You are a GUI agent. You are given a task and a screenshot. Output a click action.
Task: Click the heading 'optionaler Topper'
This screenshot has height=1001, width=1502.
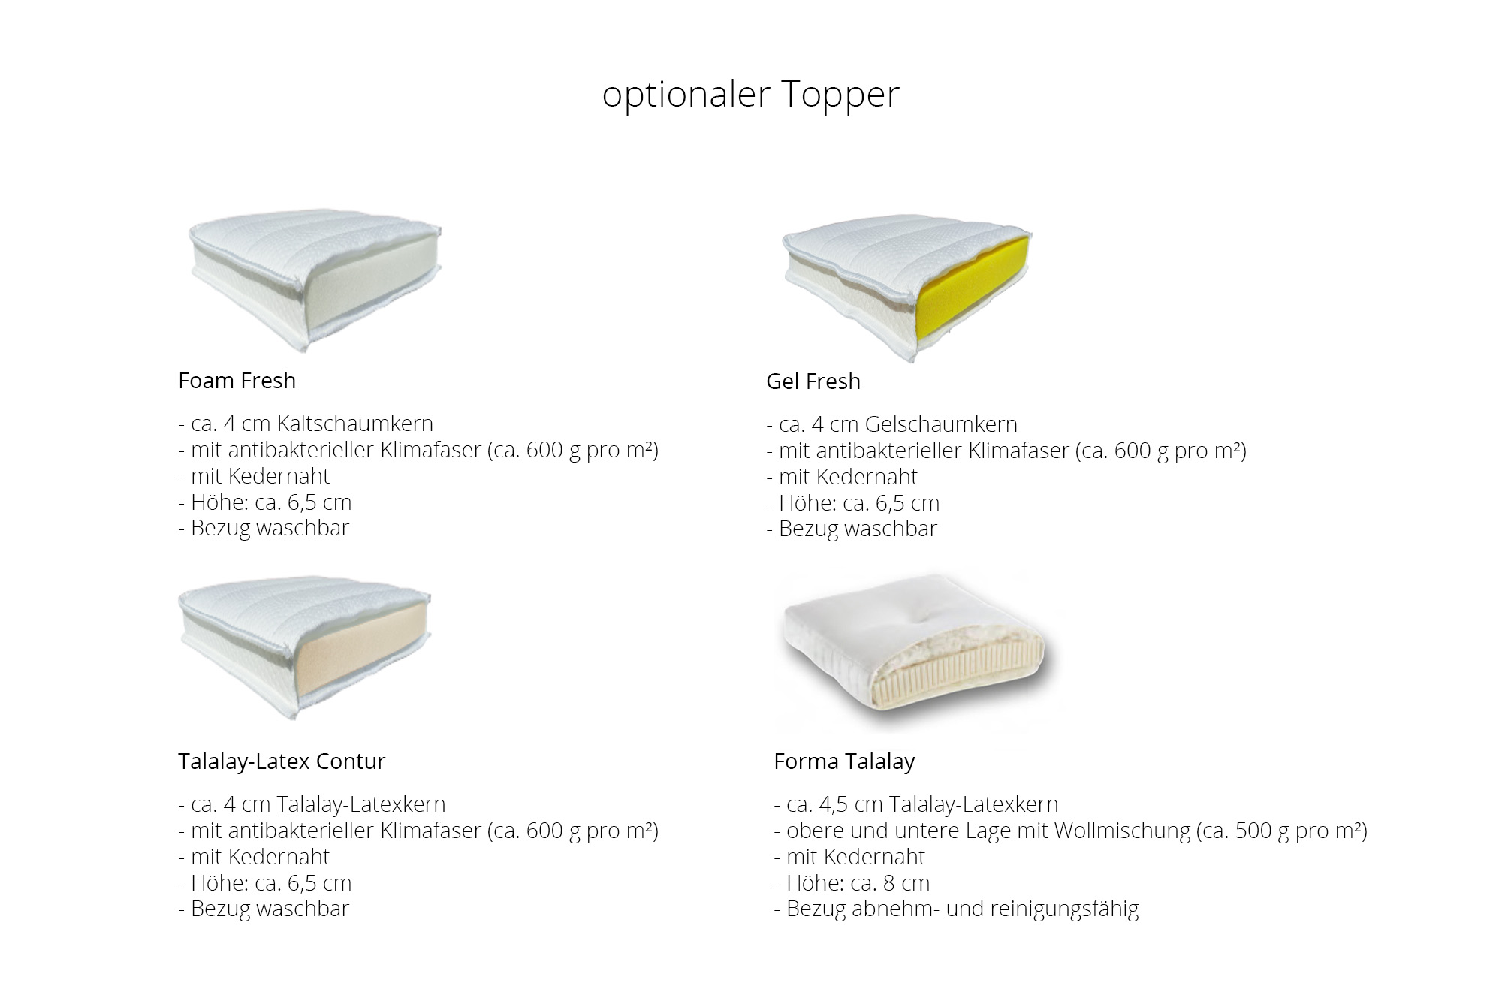coord(750,95)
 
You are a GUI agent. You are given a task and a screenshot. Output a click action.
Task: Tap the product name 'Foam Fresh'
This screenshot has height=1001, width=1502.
coord(237,381)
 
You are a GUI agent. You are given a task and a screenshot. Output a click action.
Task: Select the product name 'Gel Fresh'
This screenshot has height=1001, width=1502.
coord(813,381)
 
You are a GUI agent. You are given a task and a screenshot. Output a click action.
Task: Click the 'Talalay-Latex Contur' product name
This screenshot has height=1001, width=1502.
coord(282,761)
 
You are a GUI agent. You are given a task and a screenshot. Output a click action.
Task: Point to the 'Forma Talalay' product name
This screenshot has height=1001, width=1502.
coord(844,761)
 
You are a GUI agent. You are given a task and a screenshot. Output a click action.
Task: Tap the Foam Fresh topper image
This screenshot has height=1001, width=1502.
coord(315,279)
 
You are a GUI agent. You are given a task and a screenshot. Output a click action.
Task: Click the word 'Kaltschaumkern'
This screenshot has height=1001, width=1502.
coord(354,424)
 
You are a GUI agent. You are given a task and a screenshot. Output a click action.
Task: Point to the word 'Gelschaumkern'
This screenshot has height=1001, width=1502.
coord(941,424)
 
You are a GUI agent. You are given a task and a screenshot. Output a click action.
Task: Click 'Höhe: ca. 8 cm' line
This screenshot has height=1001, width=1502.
coord(852,883)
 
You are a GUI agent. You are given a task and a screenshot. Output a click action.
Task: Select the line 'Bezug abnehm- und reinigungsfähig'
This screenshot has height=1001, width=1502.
coord(956,909)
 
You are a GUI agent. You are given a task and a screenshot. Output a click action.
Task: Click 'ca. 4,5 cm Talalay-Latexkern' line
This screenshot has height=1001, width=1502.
coord(915,805)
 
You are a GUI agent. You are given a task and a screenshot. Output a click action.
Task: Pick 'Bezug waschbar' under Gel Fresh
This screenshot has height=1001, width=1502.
coord(852,529)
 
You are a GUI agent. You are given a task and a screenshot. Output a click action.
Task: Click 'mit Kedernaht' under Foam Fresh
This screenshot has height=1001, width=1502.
coord(254,476)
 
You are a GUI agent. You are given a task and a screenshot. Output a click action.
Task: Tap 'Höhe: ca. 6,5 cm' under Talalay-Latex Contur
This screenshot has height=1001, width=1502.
coord(264,883)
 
